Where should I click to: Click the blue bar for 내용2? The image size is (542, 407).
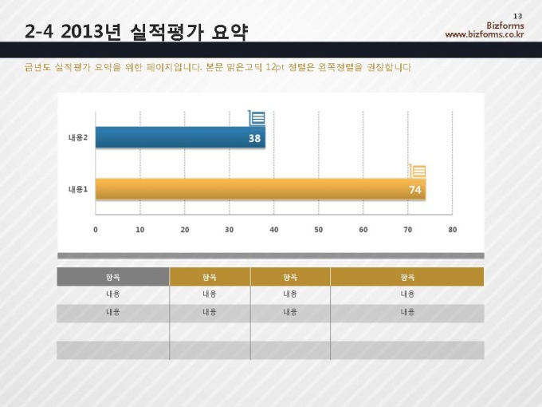click(179, 138)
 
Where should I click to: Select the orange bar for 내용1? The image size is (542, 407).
click(259, 189)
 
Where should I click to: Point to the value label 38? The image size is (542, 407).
click(254, 138)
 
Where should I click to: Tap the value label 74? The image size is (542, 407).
click(414, 189)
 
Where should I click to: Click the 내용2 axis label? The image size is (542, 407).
click(77, 138)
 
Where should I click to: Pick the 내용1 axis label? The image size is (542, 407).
click(77, 189)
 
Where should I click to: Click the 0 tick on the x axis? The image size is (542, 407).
click(96, 230)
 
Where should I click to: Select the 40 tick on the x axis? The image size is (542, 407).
click(274, 230)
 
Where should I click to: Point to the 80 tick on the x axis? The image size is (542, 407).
click(453, 230)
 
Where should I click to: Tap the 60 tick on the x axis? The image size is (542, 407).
click(363, 230)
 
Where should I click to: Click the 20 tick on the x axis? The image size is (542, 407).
click(185, 230)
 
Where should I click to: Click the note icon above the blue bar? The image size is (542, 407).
click(257, 118)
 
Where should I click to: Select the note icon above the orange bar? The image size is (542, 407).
click(418, 170)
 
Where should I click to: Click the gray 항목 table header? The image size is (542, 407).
click(113, 277)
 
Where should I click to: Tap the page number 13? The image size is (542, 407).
click(518, 17)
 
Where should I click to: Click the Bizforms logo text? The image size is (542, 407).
click(505, 26)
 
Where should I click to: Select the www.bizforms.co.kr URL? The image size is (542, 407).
click(485, 34)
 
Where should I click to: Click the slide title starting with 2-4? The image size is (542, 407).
click(136, 32)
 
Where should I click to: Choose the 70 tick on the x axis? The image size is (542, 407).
click(408, 230)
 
